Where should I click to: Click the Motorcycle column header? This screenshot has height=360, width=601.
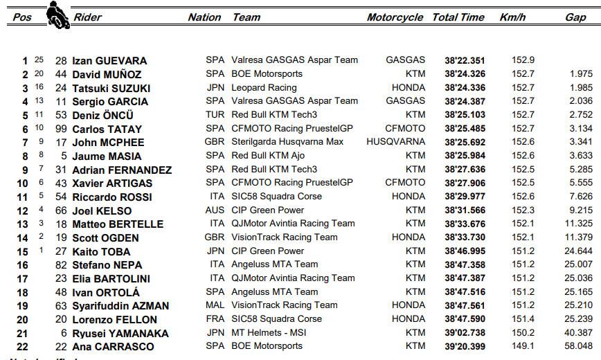395,17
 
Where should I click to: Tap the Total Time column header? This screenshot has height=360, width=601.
459,17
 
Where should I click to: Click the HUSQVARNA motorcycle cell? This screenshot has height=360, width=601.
395,142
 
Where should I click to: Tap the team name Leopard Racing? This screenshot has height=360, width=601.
264,88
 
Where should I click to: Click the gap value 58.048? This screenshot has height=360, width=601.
578,345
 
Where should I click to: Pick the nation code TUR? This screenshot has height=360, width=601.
215,115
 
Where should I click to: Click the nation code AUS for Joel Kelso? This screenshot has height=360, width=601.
215,210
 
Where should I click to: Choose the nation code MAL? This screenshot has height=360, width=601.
215,305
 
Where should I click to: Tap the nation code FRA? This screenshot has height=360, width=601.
215,318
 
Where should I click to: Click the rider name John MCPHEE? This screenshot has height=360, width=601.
109,143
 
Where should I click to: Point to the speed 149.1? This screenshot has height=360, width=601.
522,345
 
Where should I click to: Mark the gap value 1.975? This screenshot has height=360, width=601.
580,74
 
